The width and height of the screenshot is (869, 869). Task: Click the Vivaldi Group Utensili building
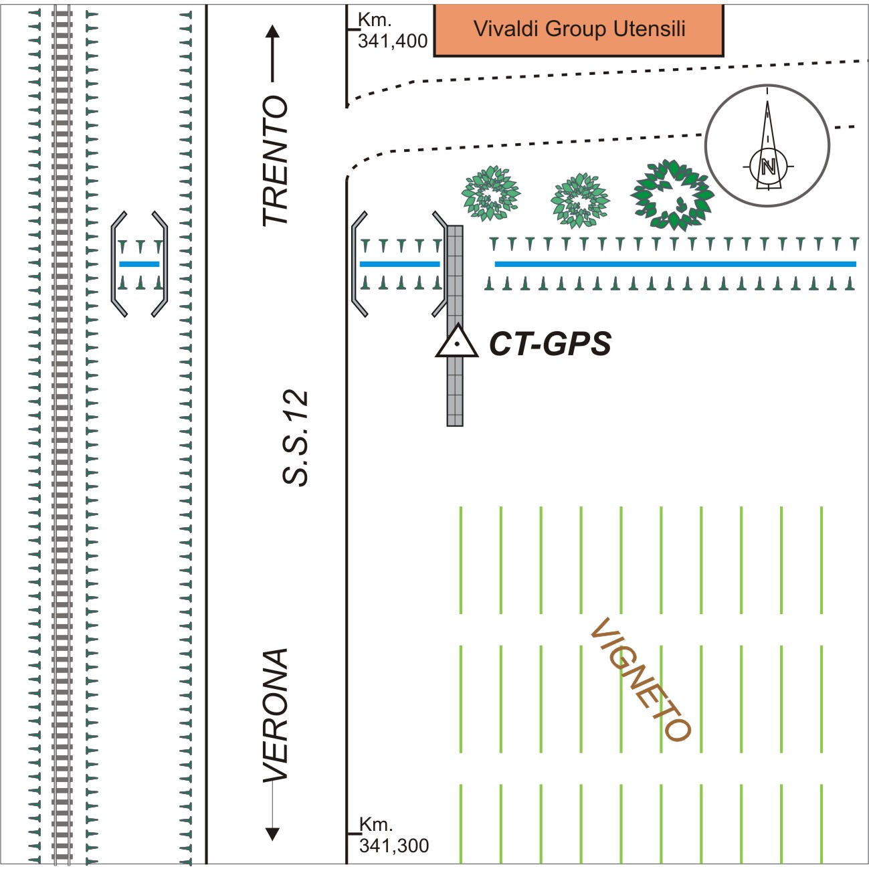coord(579,30)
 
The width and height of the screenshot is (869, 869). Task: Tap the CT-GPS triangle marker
coord(456,342)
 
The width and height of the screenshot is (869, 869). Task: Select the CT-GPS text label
coord(550,344)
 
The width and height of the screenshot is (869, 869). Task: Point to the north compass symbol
coord(767,145)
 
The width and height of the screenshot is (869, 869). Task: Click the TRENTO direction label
coord(275,161)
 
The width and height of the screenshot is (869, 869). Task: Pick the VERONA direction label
coord(275,714)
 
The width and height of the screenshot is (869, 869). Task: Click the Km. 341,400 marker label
coord(391,31)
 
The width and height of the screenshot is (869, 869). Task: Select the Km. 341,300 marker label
coord(393,836)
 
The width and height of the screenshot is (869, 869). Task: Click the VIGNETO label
coord(640,679)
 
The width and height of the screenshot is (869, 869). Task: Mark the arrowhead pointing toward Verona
coord(272,834)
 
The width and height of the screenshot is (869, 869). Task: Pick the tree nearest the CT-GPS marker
coord(490,193)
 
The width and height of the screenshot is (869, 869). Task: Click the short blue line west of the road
coord(139,264)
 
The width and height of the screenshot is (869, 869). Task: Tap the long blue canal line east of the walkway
coord(675,264)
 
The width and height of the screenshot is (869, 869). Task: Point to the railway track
coord(62,435)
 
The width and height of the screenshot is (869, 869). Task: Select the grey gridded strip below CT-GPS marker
coord(455,395)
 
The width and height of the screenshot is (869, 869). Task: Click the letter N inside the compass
coord(768,167)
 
